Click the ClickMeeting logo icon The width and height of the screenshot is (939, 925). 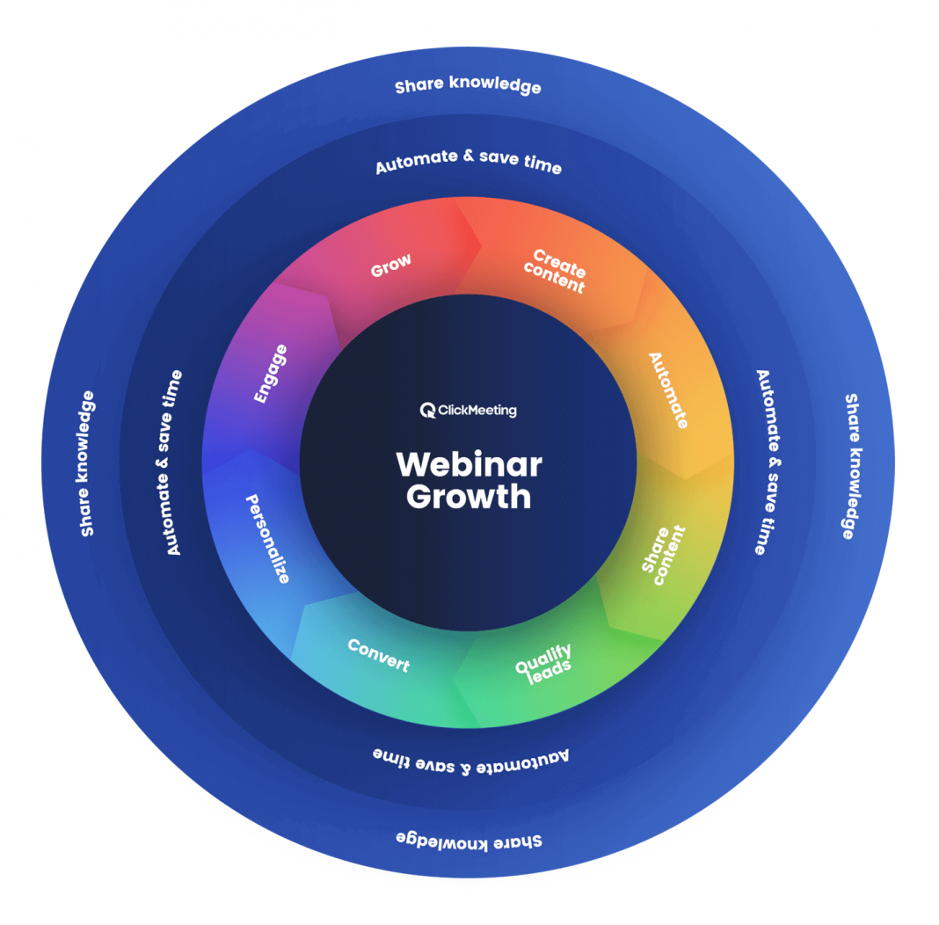point(428,410)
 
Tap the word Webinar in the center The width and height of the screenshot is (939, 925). point(469,464)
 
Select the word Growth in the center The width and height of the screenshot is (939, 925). point(469,497)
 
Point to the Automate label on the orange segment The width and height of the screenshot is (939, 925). point(668,390)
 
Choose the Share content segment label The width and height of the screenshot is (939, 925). point(663,555)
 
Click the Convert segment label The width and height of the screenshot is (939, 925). point(379,655)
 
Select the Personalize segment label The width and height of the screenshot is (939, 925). point(266,538)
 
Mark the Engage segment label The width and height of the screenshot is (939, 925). point(270,374)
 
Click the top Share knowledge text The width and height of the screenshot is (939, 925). point(468,85)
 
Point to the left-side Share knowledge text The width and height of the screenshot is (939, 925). point(87,463)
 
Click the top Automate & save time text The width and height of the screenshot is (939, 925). point(468,162)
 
